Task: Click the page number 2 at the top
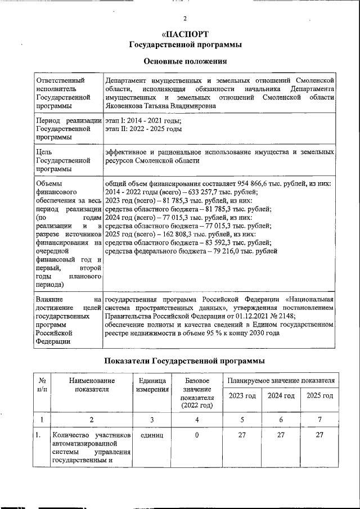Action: click(x=184, y=19)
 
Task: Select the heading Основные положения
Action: click(x=186, y=61)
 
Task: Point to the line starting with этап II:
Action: click(x=143, y=129)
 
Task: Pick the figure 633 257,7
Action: click(x=191, y=192)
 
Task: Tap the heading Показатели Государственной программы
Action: click(x=185, y=361)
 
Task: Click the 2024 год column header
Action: click(x=281, y=396)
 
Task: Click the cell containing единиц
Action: click(x=152, y=435)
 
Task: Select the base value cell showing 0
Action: click(x=197, y=435)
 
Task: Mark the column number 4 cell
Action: click(x=197, y=419)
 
